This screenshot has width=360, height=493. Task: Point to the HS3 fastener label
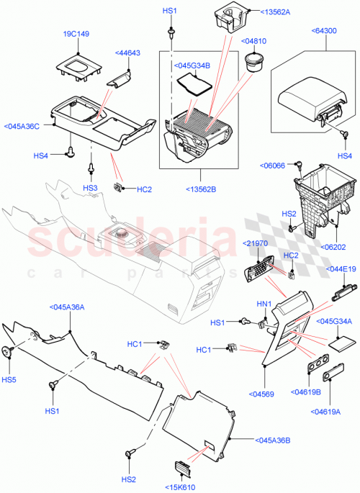(90, 188)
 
